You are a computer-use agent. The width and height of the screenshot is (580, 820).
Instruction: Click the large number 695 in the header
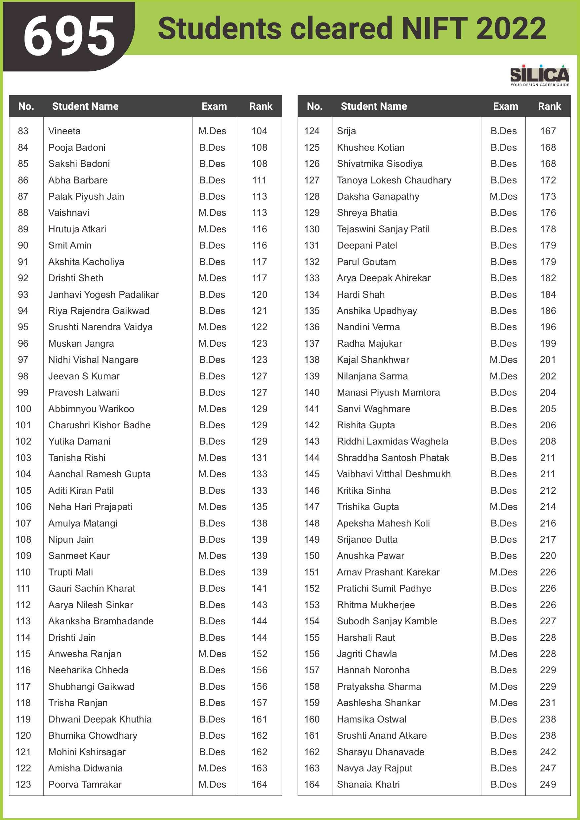(69, 36)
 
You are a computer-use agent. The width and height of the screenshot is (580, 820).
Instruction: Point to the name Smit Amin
(70, 245)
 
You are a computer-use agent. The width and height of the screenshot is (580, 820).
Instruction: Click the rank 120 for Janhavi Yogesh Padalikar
(259, 294)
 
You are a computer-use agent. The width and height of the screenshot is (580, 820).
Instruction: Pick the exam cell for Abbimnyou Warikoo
(212, 409)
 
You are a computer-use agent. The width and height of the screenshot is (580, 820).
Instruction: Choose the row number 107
(23, 523)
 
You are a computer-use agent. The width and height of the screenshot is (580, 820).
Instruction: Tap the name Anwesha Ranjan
(85, 654)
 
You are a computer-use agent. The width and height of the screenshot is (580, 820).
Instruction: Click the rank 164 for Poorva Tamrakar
(259, 785)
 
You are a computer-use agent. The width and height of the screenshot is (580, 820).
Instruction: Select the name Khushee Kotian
(371, 147)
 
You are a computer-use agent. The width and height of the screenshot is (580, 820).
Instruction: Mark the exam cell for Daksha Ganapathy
(503, 196)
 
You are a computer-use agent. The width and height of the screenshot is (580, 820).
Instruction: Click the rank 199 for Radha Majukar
(548, 344)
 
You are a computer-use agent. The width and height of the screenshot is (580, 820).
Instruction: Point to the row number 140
(311, 393)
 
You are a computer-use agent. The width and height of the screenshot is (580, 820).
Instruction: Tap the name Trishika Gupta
(368, 507)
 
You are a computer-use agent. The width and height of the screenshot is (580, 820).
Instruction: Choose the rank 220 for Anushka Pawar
(548, 556)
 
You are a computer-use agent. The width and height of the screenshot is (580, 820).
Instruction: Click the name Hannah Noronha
(373, 670)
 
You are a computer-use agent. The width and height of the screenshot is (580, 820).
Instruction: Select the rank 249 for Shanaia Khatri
(548, 785)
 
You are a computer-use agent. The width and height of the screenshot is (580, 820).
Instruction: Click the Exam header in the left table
(214, 106)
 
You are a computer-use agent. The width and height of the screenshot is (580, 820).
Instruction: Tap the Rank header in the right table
(549, 106)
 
